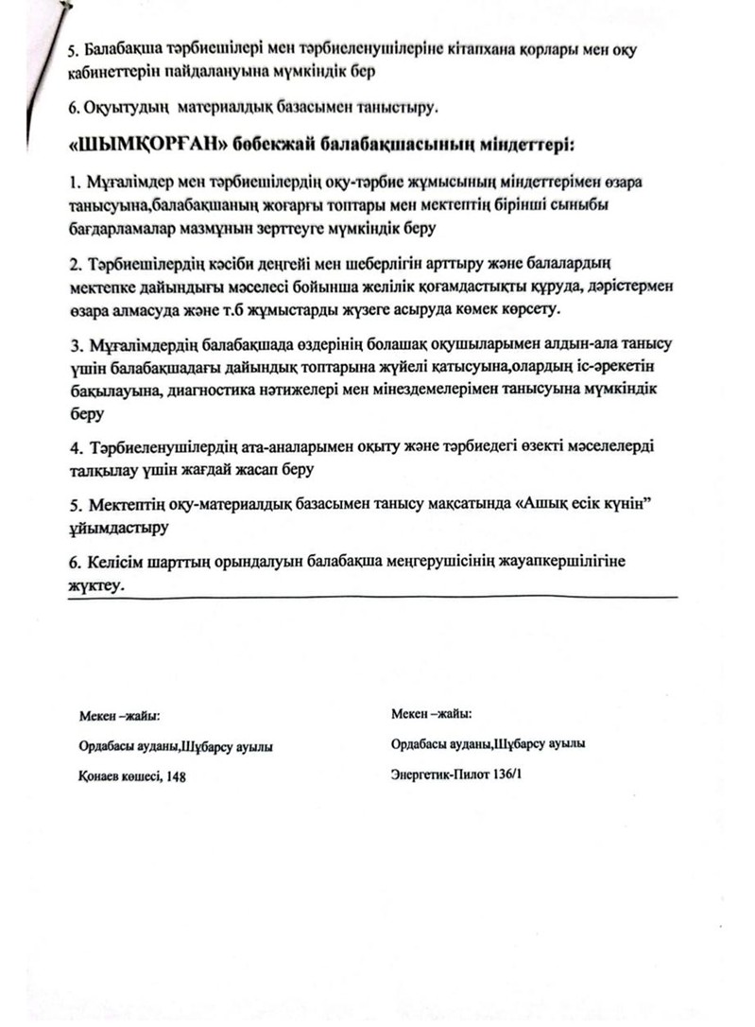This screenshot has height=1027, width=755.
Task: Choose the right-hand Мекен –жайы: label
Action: pos(430,713)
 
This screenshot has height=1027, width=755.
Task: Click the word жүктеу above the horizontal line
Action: pos(95,586)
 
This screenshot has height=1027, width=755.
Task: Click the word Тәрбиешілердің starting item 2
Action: pos(150,261)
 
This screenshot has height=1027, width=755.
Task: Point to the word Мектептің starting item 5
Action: pos(129,504)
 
